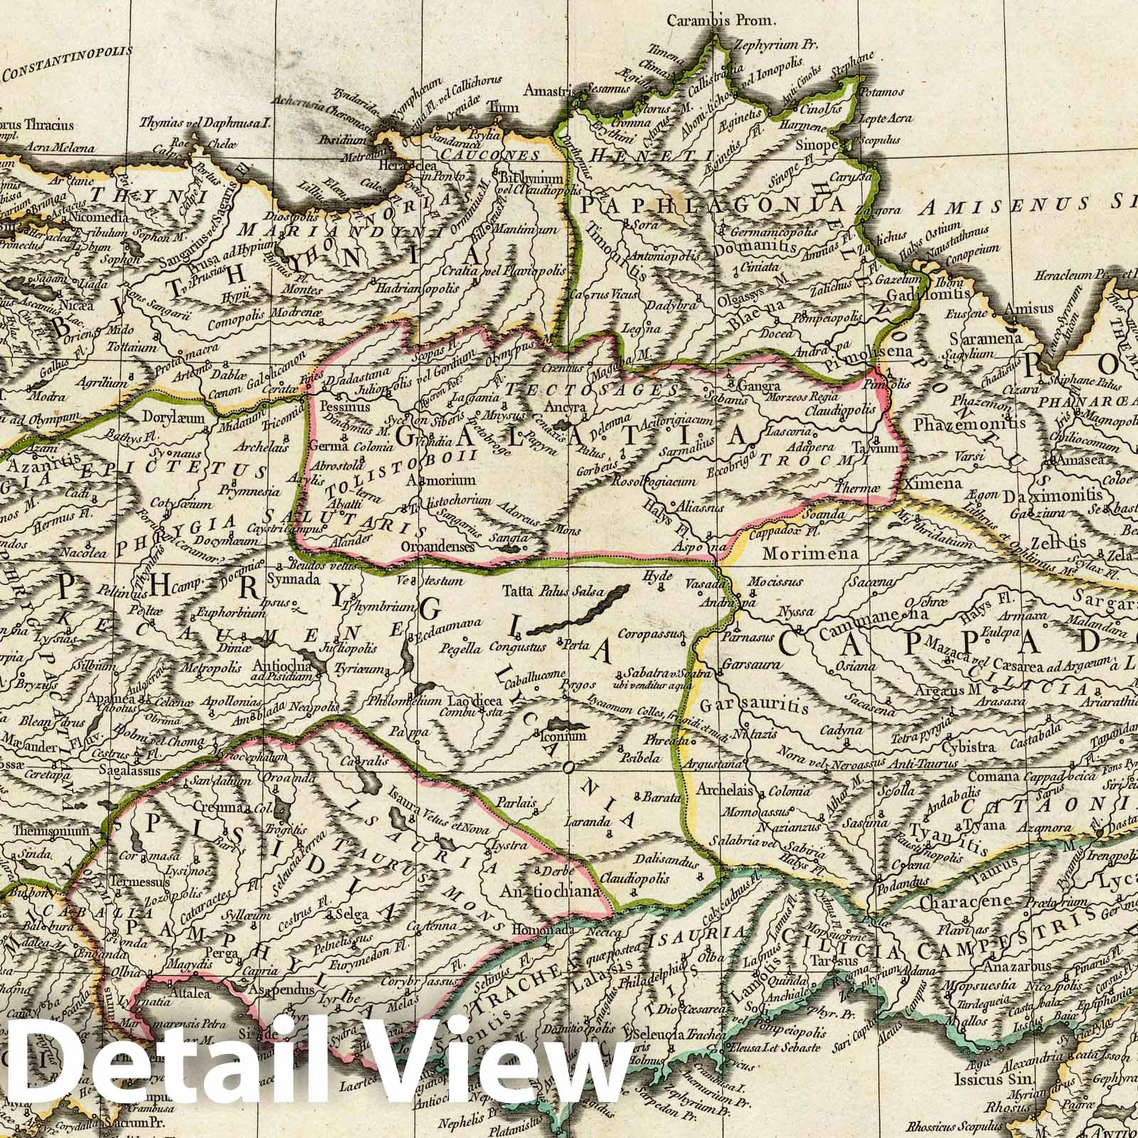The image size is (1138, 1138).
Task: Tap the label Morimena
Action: point(795,553)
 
